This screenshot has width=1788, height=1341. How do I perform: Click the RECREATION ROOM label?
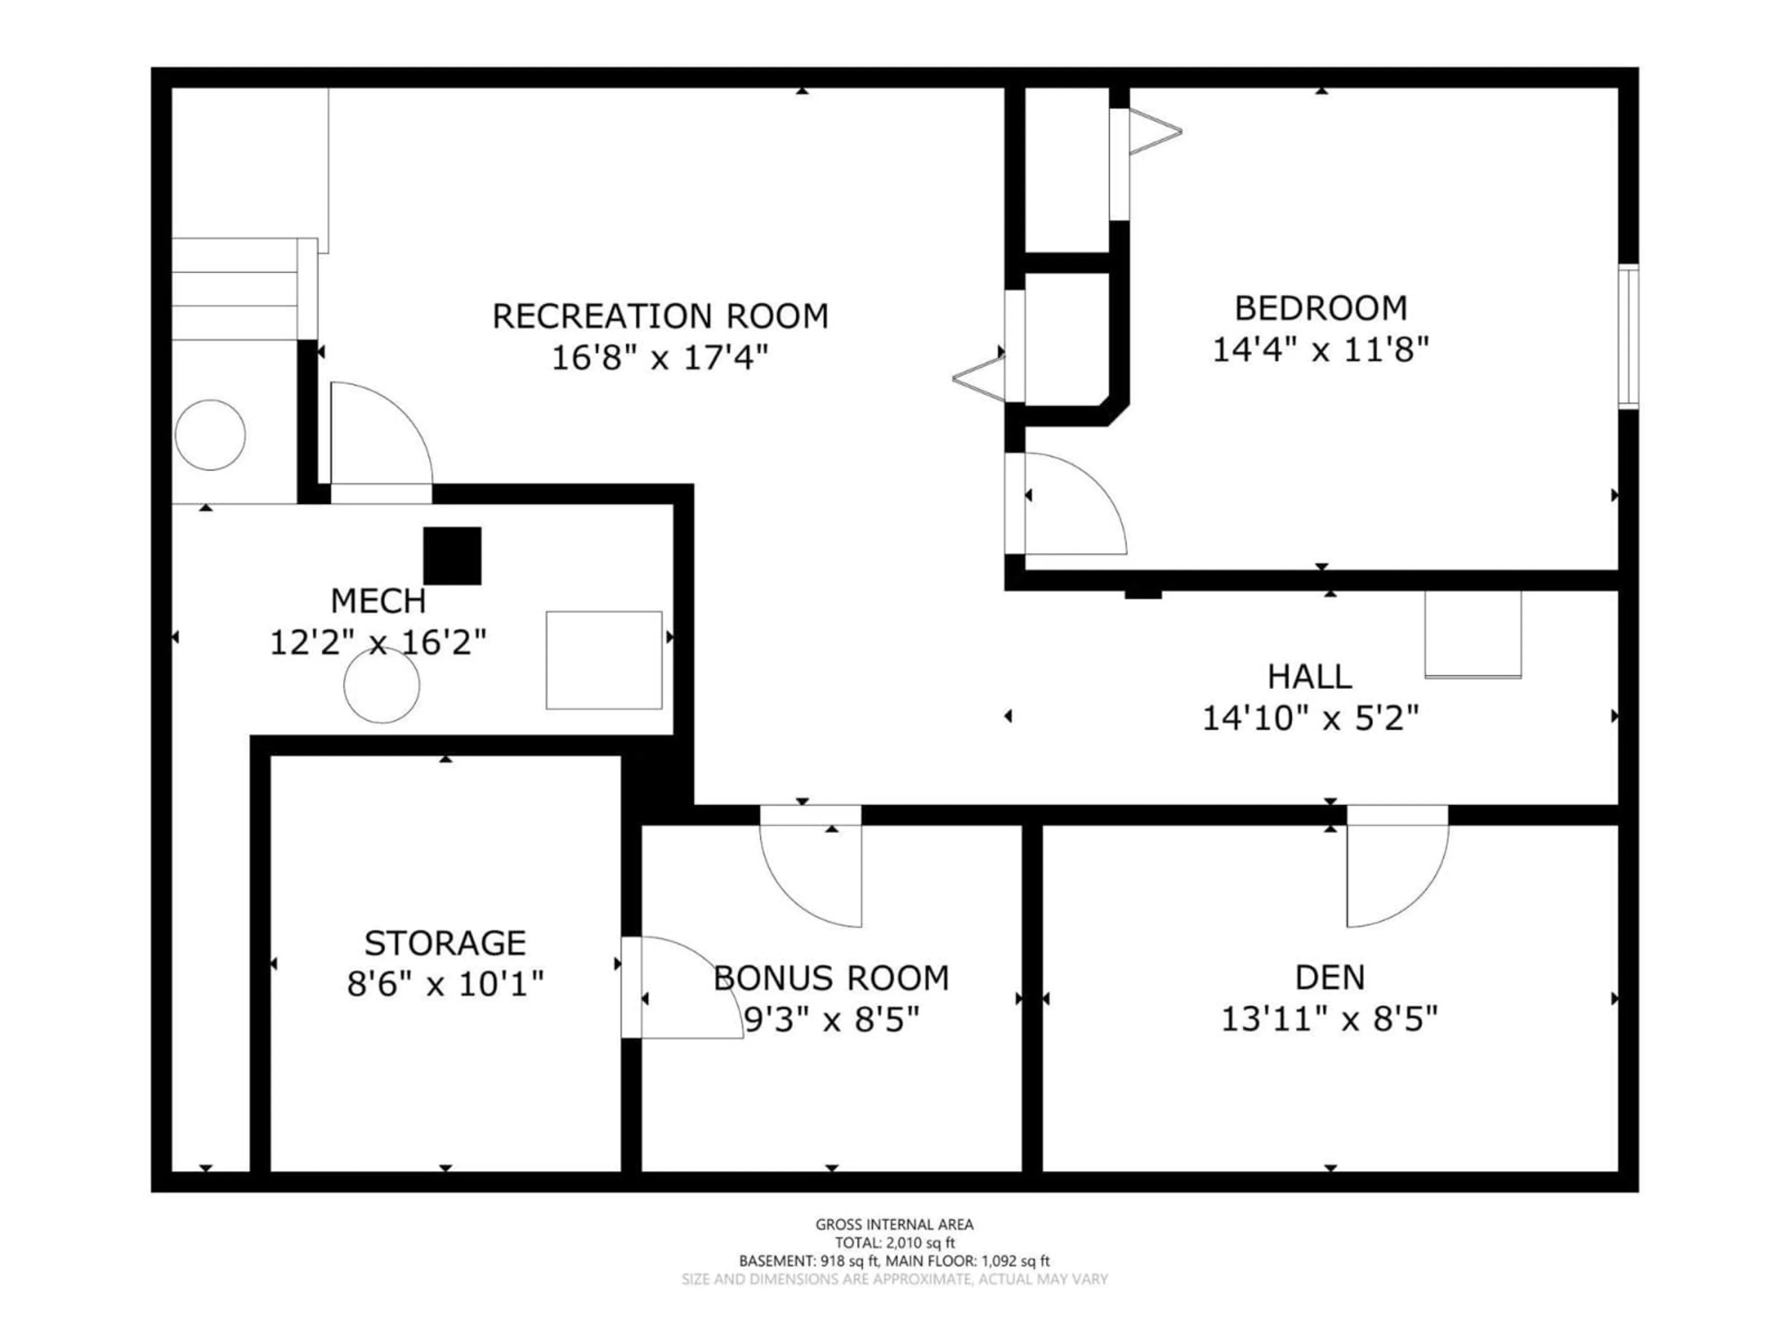[x=660, y=316]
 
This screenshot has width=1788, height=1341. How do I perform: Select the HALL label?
[x=1309, y=677]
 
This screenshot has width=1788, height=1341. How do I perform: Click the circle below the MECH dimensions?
[x=381, y=685]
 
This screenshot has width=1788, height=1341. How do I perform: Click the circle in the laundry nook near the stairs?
[x=210, y=435]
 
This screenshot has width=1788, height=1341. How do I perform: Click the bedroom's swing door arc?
[x=1075, y=505]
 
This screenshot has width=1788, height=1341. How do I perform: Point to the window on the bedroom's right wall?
[x=1628, y=336]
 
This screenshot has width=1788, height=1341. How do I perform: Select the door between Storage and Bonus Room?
[x=679, y=988]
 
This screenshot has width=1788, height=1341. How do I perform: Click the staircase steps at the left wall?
[x=234, y=289]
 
